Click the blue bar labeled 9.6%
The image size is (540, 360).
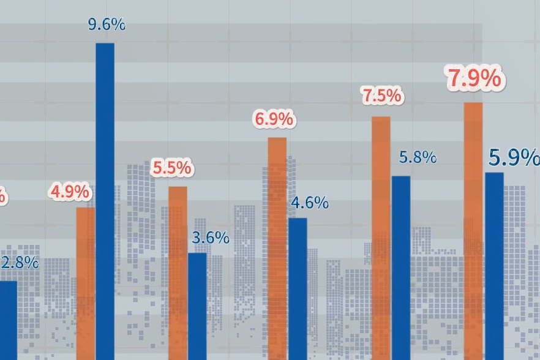pyautogui.click(x=105, y=201)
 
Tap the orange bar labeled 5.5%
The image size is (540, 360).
pyautogui.click(x=178, y=273)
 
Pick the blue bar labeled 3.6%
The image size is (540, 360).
pyautogui.click(x=197, y=306)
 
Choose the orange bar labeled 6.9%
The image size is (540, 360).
pyautogui.click(x=277, y=249)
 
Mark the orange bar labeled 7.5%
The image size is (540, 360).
pyautogui.click(x=381, y=238)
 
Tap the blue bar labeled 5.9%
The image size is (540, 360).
pyautogui.click(x=494, y=266)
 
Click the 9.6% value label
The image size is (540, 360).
pyautogui.click(x=107, y=25)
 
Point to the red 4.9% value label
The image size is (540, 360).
pyautogui.click(x=70, y=192)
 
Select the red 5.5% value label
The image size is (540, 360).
pyautogui.click(x=172, y=167)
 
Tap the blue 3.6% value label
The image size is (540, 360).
pyautogui.click(x=211, y=238)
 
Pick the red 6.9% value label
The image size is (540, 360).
pyautogui.click(x=274, y=119)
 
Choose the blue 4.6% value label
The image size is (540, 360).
pyautogui.click(x=310, y=203)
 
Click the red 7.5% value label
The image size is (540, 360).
pyautogui.click(x=381, y=96)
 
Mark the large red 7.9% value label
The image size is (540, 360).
pyautogui.click(x=474, y=79)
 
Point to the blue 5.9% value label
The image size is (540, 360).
pyautogui.click(x=514, y=158)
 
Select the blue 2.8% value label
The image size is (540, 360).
pyautogui.click(x=20, y=263)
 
